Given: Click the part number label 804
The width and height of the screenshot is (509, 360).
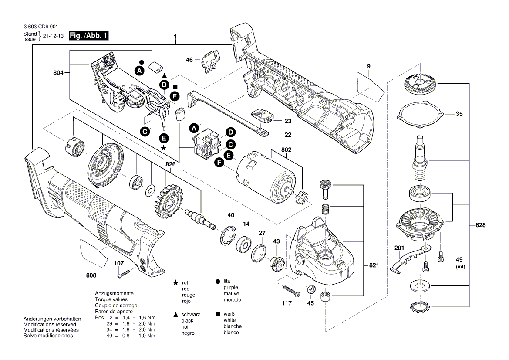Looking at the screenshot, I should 57,74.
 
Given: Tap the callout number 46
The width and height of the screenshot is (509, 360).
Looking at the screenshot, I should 189,60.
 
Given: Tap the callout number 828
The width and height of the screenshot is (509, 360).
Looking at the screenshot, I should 480,225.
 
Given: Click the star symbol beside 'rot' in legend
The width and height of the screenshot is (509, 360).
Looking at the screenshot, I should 175,283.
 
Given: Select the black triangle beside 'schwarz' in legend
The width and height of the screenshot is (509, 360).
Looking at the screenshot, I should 175,315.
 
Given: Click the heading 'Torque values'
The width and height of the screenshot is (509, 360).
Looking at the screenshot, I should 111,299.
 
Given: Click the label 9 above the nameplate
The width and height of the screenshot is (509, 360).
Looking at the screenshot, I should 368,66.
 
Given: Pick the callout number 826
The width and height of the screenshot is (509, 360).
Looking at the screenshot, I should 172,164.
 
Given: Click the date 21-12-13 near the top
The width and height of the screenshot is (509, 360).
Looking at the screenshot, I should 53,37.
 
